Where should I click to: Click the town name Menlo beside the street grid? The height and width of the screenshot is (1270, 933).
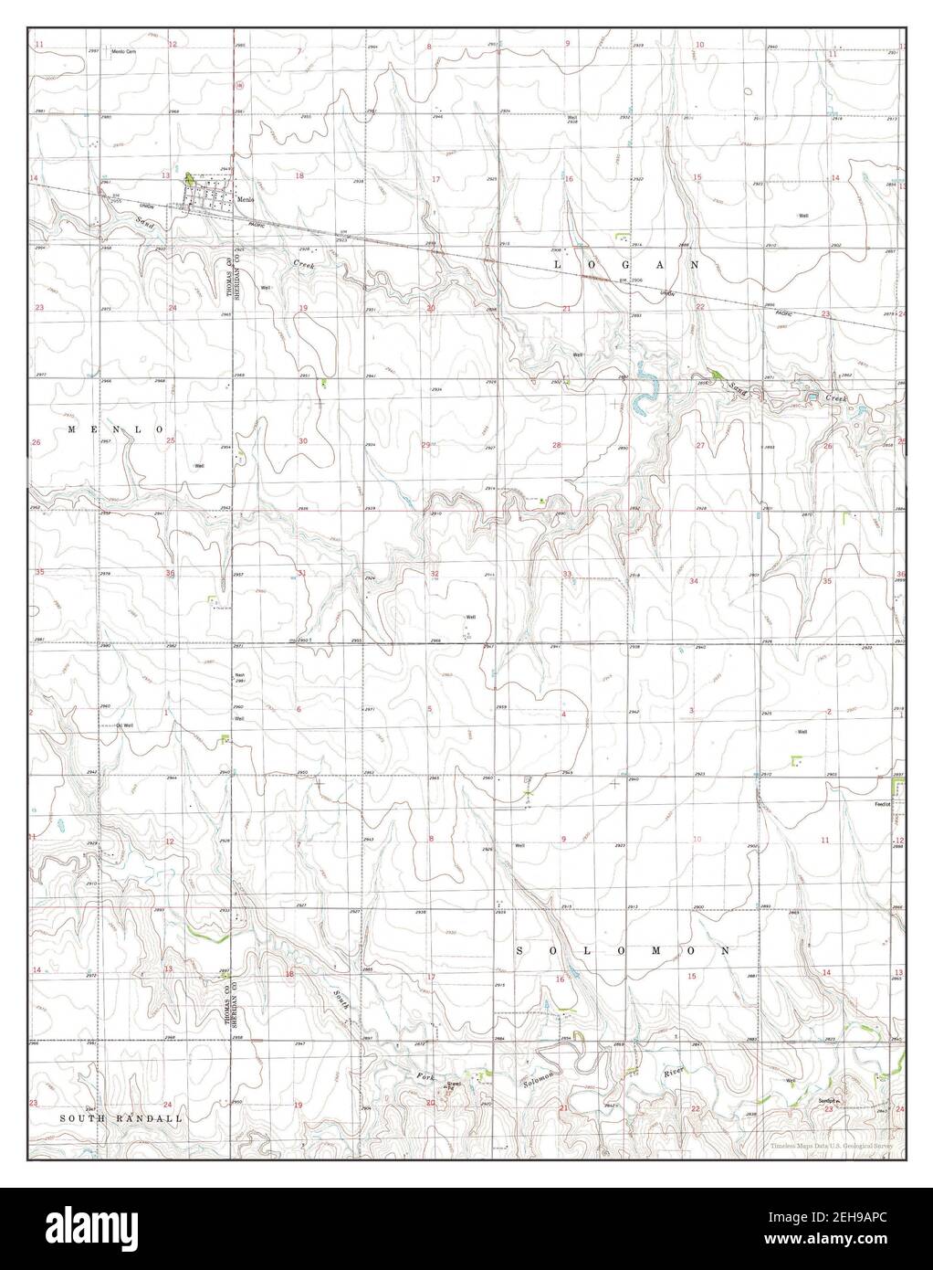tap(244, 200)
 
